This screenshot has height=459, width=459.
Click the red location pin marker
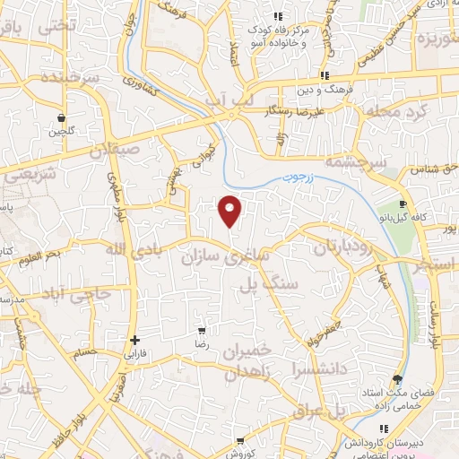click(x=230, y=211)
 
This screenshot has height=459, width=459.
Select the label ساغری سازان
click(x=238, y=257)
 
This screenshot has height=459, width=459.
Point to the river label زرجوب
click(x=301, y=178)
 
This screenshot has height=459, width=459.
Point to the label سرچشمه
click(x=357, y=163)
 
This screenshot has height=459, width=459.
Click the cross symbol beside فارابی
click(x=134, y=340)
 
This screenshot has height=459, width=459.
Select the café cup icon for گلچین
click(x=61, y=117)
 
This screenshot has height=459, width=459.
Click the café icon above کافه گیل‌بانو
click(x=403, y=178)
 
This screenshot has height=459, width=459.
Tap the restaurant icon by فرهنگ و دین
click(x=325, y=76)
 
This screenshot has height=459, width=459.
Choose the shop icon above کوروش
click(x=240, y=440)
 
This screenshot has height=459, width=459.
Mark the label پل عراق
click(x=317, y=412)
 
